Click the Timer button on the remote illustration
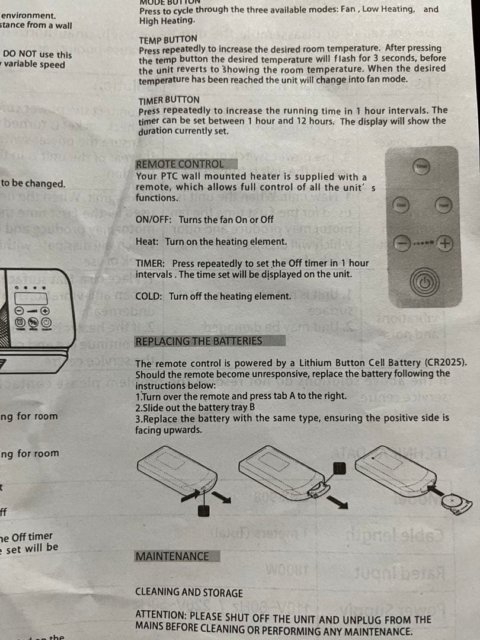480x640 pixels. coord(421,168)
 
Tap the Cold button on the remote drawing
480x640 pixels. coord(401,204)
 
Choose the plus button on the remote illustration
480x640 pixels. coord(444,243)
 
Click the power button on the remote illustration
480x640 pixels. coord(421,280)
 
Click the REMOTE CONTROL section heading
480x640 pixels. coord(180,164)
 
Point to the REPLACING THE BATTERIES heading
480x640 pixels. coord(199,341)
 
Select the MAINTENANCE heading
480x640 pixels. coord(172,556)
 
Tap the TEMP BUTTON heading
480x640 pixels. coord(168,39)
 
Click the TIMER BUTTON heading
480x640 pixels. coord(169,100)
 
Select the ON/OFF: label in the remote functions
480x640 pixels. coord(154,219)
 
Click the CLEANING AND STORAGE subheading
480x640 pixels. coord(189,592)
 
